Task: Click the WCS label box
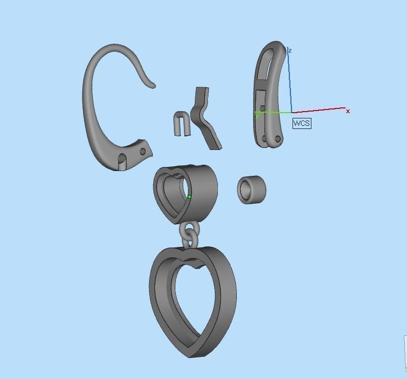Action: click(x=301, y=123)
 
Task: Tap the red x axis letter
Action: click(x=348, y=111)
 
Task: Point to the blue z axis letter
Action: click(x=290, y=51)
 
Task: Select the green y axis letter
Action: click(x=257, y=115)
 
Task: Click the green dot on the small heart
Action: click(x=190, y=197)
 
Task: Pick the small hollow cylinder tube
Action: click(x=252, y=189)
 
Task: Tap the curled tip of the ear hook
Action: click(x=152, y=84)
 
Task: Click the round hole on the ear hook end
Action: click(x=142, y=152)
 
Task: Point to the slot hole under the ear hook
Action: click(x=121, y=158)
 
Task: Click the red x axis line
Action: click(x=320, y=110)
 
